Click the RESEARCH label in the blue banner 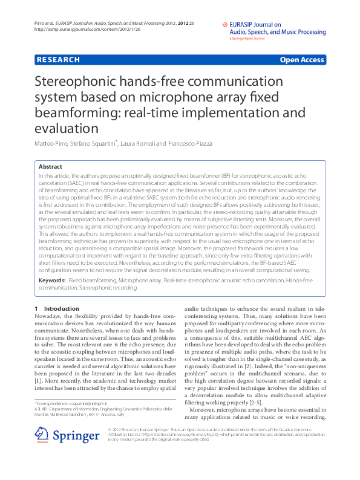pyautogui.click(x=58, y=60)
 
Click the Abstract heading pyautogui.click(x=50, y=166)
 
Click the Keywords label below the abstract pyautogui.click(x=52, y=281)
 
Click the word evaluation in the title pyautogui.click(x=67, y=128)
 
